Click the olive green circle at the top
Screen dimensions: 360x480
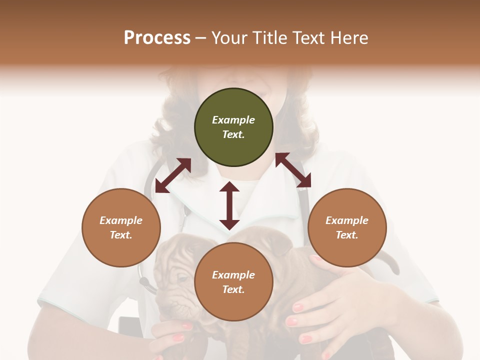[233, 127]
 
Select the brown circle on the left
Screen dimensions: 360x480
[121, 227]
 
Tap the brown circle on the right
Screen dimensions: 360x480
[347, 227]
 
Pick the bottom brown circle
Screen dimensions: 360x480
[233, 282]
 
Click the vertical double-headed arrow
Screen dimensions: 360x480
[229, 205]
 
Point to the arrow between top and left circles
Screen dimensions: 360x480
[173, 175]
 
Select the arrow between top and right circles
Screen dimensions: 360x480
[293, 170]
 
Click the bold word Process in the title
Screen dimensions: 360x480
[157, 37]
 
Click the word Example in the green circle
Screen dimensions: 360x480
[233, 120]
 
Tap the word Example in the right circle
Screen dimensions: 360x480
[347, 220]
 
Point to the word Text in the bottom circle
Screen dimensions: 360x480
[232, 289]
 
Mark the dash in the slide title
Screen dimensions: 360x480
[201, 38]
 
